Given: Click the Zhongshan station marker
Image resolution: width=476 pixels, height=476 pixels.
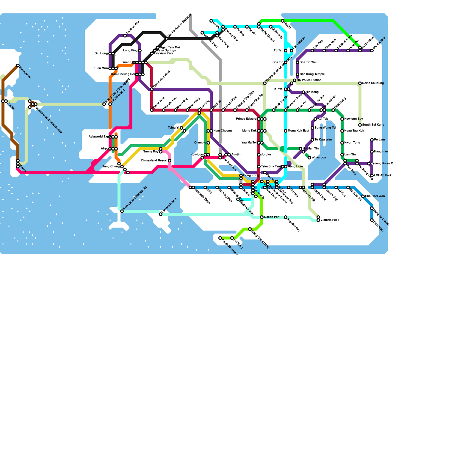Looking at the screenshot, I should click(18, 65).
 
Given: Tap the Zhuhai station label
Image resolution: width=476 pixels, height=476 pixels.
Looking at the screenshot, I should click(11, 106).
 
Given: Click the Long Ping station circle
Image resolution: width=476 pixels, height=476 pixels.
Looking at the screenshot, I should click(140, 51).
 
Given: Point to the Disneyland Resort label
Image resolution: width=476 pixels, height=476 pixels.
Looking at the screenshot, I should click(154, 161).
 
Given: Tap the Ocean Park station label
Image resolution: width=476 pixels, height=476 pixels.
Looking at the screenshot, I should click(272, 217).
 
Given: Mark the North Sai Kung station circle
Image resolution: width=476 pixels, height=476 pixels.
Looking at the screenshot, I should click(360, 83).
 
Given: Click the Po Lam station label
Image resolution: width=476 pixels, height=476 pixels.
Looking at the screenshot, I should click(379, 140).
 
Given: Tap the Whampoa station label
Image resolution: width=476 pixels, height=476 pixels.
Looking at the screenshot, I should click(319, 158).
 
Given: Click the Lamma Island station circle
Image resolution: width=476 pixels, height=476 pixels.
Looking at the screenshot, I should click(161, 214).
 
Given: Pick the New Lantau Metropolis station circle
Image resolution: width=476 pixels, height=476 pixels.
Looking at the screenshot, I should click(122, 211).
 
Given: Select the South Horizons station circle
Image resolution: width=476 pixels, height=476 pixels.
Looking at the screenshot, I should click(220, 238).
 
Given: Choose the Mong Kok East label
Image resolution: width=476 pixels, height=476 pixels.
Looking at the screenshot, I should click(298, 131).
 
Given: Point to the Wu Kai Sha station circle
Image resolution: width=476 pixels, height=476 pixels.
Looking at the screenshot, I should click(372, 51).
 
